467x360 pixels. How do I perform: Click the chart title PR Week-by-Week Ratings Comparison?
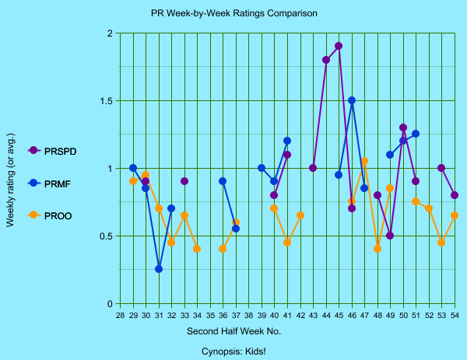tap(234, 14)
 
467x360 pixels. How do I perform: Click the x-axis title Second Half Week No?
tap(233, 331)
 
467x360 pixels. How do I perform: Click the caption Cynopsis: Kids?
tap(233, 351)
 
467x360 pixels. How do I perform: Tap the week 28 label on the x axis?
tap(120, 316)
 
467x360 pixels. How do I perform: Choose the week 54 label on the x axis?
tap(455, 316)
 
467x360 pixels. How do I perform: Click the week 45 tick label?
tap(339, 316)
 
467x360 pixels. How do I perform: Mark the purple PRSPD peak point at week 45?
tap(339, 46)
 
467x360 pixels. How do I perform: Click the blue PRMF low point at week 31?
tap(159, 269)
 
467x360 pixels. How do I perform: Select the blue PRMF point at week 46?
tap(352, 100)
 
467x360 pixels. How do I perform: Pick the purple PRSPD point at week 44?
tap(326, 60)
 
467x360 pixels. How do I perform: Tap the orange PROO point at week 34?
tap(197, 249)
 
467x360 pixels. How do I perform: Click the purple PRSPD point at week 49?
tap(390, 236)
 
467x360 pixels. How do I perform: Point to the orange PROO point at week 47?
tap(364, 161)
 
